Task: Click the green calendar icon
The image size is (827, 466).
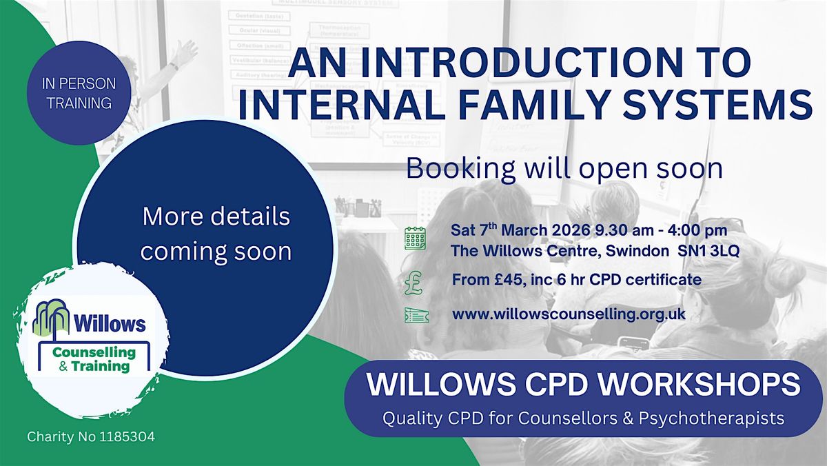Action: pyautogui.click(x=415, y=239)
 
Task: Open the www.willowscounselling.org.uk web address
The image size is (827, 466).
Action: pyautogui.click(x=569, y=314)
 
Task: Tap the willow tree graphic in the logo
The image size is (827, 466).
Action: pyautogui.click(x=52, y=319)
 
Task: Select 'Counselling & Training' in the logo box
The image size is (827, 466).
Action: pyautogui.click(x=94, y=359)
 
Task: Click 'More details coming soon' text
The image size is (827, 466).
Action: pyautogui.click(x=216, y=234)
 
